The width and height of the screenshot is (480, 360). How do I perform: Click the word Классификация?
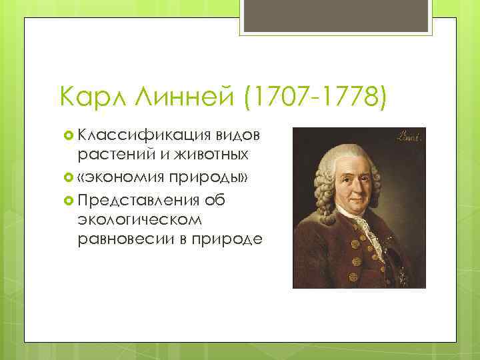tap(143, 135)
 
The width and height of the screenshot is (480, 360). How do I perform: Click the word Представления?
tap(139, 199)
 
